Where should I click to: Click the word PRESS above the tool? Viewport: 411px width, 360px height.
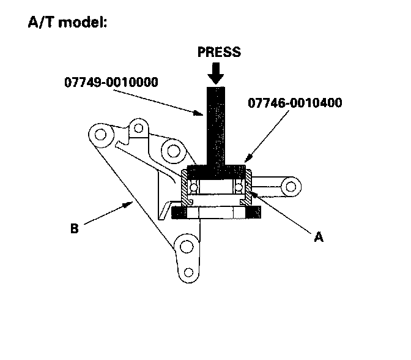pos(218,51)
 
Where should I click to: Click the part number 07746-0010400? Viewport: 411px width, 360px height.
pos(295,103)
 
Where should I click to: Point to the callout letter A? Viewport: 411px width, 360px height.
pos(318,237)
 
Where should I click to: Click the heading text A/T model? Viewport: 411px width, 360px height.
pos(68,23)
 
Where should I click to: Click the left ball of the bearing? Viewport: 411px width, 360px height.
pos(194,186)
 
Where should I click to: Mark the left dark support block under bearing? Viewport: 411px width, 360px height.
pos(180,212)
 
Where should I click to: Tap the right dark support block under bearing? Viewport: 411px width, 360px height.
pos(253,212)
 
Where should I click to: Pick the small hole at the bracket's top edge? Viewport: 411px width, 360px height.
pos(139,128)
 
